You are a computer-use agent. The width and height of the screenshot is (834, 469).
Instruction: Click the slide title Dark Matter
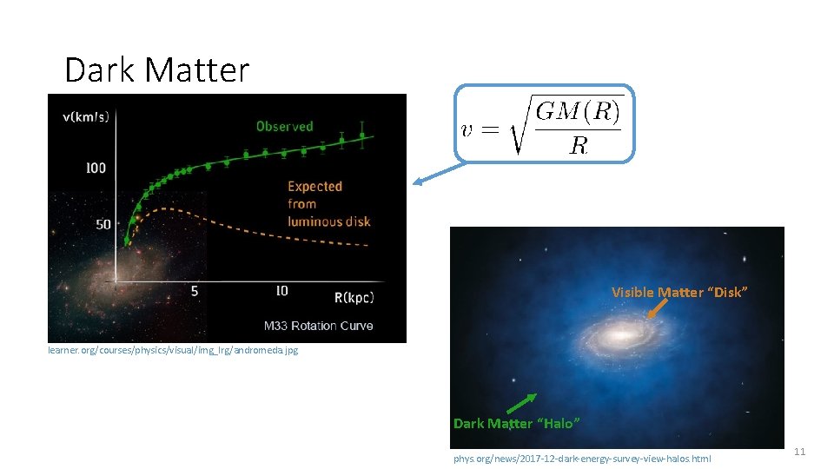(x=156, y=70)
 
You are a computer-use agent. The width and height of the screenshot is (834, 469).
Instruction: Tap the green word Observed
(x=284, y=127)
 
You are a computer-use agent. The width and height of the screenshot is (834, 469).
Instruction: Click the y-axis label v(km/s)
(x=85, y=117)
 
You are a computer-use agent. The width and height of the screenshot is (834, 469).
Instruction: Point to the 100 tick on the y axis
(x=96, y=168)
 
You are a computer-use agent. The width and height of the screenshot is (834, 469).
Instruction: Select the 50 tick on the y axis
(x=103, y=224)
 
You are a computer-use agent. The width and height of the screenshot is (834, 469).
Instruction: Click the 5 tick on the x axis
(x=195, y=292)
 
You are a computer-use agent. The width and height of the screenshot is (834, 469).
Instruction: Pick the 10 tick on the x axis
(x=281, y=292)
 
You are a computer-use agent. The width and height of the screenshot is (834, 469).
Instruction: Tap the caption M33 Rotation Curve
(x=318, y=326)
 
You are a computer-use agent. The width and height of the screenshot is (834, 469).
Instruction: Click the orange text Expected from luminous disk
(x=328, y=204)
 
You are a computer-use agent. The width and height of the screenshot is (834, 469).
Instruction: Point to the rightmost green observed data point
(x=362, y=135)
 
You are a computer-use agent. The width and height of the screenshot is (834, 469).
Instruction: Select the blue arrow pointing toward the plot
(x=434, y=174)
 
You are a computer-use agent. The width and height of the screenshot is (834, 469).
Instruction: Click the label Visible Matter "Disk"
(x=678, y=292)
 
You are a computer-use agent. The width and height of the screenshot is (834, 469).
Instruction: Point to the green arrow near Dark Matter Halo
(x=521, y=402)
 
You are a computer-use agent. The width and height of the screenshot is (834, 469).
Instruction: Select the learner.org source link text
(x=172, y=351)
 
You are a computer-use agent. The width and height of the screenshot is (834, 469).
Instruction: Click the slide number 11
(x=800, y=452)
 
